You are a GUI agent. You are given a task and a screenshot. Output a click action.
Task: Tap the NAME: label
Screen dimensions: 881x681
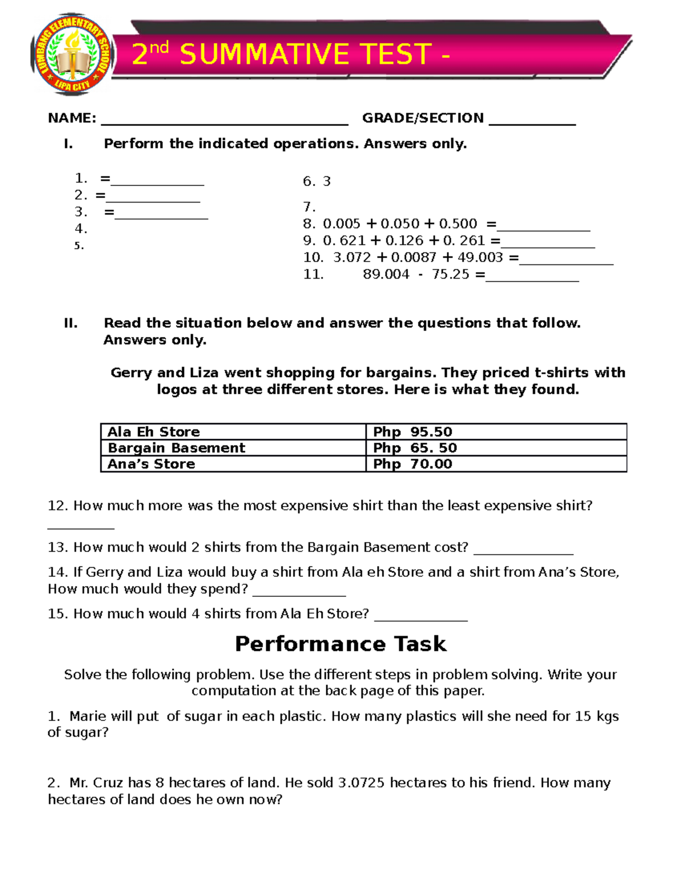click(x=72, y=118)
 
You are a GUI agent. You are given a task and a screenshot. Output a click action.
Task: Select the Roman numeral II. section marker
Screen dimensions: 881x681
click(x=70, y=323)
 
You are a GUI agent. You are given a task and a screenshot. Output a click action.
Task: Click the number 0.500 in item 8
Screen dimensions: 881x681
click(x=458, y=224)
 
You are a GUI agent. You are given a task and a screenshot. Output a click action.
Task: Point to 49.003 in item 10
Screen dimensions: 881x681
click(x=480, y=258)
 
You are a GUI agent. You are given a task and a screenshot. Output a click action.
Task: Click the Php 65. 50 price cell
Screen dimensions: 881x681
click(x=415, y=448)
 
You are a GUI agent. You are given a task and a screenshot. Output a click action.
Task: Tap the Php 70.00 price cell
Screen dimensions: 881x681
click(x=413, y=464)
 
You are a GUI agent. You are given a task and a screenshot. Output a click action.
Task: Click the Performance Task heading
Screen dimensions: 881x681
click(x=340, y=644)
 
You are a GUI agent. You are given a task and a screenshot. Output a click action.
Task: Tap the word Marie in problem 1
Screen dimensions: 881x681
click(x=88, y=716)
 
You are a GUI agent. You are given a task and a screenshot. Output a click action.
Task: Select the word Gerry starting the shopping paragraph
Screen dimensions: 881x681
click(x=132, y=373)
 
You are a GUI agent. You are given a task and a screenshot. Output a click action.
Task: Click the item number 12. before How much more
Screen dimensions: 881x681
click(x=58, y=506)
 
